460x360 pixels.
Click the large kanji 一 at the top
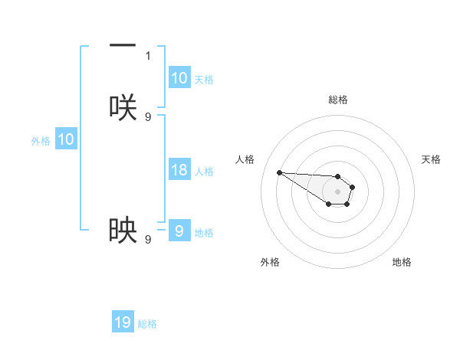pyautogui.click(x=123, y=47)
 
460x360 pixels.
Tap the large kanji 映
pyautogui.click(x=123, y=230)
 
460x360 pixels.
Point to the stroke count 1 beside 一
pyautogui.click(x=148, y=55)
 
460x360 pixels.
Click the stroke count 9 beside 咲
pyautogui.click(x=148, y=116)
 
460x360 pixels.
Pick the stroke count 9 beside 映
pyautogui.click(x=148, y=239)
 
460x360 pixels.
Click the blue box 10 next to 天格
pyautogui.click(x=179, y=78)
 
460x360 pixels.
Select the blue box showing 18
pyautogui.click(x=179, y=170)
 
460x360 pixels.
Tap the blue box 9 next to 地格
pyautogui.click(x=179, y=231)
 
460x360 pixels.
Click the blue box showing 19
pyautogui.click(x=123, y=322)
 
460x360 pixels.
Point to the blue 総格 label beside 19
pyautogui.click(x=147, y=324)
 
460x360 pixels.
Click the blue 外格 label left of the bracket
pyautogui.click(x=41, y=140)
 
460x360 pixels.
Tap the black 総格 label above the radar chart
pyautogui.click(x=338, y=100)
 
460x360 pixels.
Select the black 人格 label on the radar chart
pyautogui.click(x=245, y=159)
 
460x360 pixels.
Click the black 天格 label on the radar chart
pyautogui.click(x=431, y=159)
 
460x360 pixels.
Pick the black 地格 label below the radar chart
pyautogui.click(x=402, y=262)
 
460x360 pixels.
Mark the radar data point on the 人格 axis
pyautogui.click(x=279, y=172)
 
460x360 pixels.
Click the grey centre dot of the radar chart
pyautogui.click(x=338, y=191)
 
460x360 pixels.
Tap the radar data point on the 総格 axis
pyautogui.click(x=338, y=176)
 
